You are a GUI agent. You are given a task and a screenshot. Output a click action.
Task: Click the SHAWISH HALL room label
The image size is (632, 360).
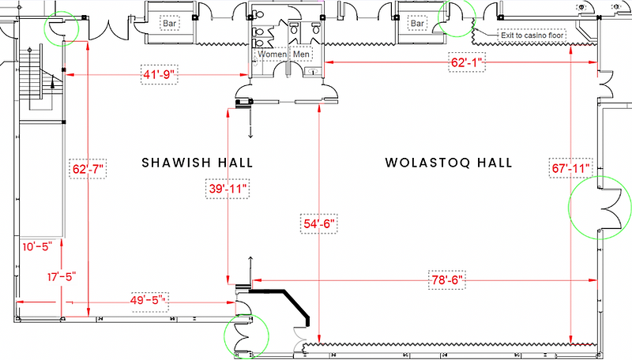click(197, 163)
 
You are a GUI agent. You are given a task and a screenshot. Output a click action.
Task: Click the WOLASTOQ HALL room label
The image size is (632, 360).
click(449, 163)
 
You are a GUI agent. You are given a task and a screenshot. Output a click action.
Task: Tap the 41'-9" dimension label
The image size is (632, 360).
click(160, 74)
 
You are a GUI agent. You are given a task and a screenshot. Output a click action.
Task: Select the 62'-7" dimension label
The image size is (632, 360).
click(88, 169)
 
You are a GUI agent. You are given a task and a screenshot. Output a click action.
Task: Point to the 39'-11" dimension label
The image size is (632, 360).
click(228, 189)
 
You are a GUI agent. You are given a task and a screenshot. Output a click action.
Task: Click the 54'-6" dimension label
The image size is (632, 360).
click(319, 223)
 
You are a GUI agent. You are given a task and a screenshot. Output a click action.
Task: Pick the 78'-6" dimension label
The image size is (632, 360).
click(446, 279)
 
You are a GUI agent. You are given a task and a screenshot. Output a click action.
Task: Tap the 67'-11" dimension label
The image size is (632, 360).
click(570, 168)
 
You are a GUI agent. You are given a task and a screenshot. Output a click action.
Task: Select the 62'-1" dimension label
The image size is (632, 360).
click(467, 62)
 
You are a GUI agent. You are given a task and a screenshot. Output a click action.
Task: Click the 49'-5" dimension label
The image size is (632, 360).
click(148, 301)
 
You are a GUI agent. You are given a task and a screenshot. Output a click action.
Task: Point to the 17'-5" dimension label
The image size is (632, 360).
click(62, 277)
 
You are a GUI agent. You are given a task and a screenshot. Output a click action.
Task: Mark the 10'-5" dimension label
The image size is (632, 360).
click(37, 246)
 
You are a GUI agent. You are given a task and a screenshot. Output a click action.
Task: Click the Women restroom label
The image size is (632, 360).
click(272, 54)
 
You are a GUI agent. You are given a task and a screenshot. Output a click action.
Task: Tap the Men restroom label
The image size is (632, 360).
click(301, 54)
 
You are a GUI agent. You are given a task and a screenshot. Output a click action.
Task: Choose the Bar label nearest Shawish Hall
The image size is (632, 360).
click(169, 24)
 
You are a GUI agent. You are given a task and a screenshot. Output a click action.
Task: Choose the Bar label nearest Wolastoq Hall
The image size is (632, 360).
click(417, 24)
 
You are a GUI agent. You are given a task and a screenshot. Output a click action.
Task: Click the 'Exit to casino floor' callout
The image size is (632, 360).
click(532, 36)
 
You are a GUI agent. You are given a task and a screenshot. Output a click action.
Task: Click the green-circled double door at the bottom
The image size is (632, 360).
click(243, 336)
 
